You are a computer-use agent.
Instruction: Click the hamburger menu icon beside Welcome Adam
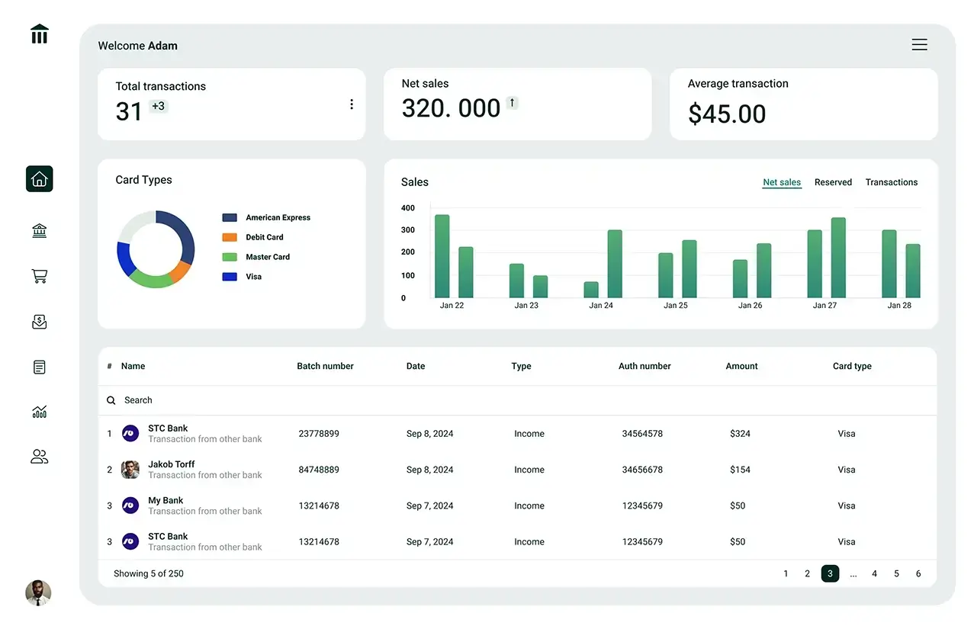pos(919,45)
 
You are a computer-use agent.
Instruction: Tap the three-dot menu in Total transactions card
pos(351,104)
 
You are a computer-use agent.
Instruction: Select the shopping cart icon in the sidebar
pos(40,276)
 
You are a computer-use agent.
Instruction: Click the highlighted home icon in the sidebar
pos(40,179)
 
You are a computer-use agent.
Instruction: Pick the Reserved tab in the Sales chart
pos(833,182)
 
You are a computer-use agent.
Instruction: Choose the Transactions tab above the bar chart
pos(891,182)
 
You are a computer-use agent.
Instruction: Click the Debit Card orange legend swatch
pos(230,237)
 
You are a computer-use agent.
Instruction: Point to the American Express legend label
pos(278,217)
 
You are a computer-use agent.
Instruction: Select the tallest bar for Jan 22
pos(442,255)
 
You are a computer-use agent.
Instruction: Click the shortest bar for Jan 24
pos(591,290)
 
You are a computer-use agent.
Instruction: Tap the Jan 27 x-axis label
pos(825,305)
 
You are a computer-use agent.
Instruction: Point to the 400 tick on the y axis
pos(408,208)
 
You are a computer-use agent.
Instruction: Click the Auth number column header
pos(645,366)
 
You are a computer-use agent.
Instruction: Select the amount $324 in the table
pos(740,434)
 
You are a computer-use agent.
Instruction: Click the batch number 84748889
pos(319,470)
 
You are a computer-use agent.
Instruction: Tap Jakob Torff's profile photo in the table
pos(130,470)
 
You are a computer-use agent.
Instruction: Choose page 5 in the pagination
pos(896,573)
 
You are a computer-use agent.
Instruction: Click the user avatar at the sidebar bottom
pos(38,592)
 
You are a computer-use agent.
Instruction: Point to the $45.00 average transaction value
pos(727,114)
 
